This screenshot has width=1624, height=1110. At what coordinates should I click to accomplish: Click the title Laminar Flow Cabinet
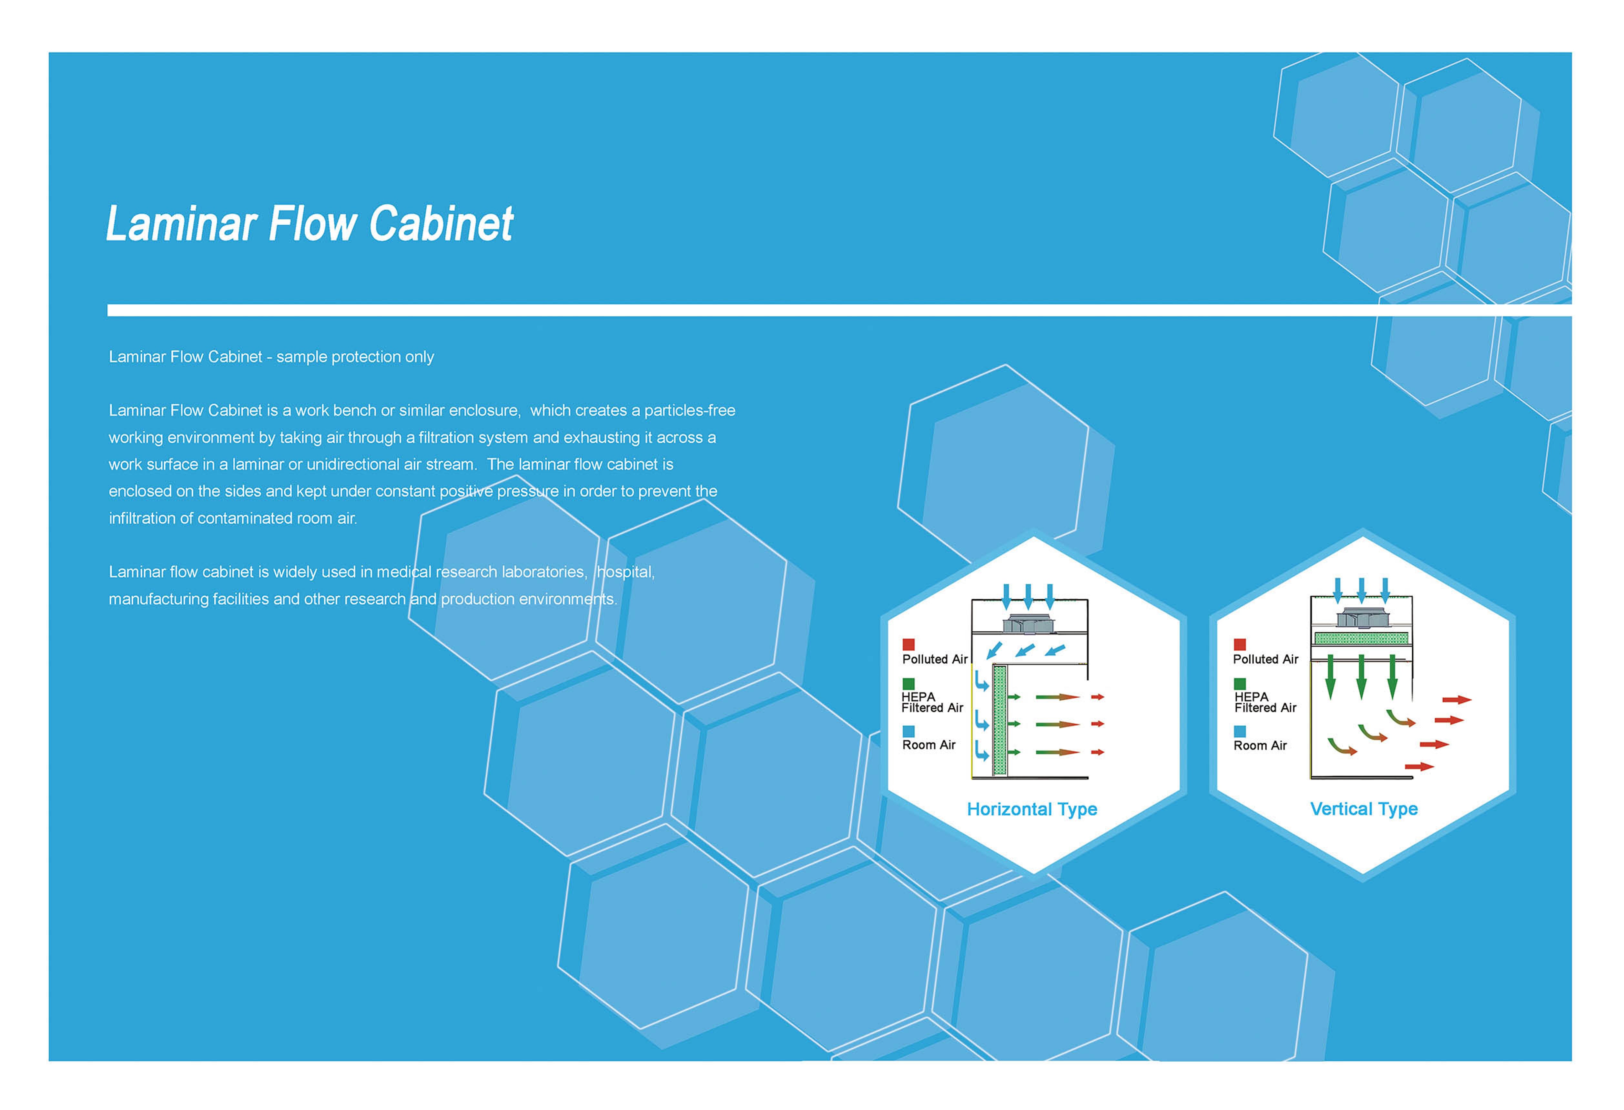[x=310, y=224]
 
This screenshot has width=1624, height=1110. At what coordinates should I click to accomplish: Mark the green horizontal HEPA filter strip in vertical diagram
[x=1361, y=637]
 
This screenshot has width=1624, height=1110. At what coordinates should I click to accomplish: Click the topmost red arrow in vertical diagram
[x=1457, y=700]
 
